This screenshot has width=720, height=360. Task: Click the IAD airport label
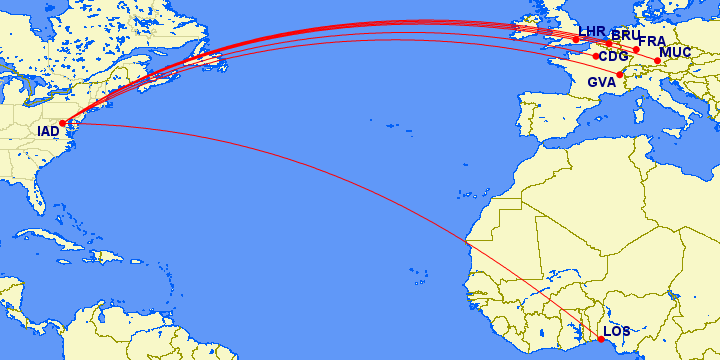pos(48,132)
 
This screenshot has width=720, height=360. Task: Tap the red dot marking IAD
pos(62,123)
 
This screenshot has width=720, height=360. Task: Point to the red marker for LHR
pos(576,40)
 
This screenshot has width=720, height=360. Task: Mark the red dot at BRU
pos(609,44)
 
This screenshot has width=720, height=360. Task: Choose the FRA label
pos(652,41)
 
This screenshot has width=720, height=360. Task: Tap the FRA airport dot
pos(636,49)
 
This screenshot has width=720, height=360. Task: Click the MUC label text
pos(676,52)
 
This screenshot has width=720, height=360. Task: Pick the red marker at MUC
pos(657,61)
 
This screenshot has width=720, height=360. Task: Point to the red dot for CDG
pos(596,56)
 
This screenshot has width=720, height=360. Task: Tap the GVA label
pos(602,82)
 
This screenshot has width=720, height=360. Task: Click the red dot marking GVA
pos(620,75)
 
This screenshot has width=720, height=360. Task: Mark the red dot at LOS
pos(600,339)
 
